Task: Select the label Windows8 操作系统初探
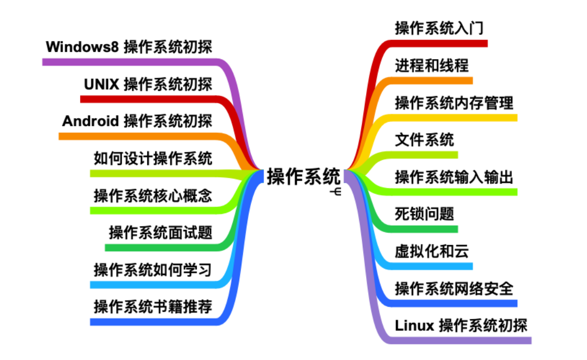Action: coord(129,47)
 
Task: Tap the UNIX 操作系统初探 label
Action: coord(148,84)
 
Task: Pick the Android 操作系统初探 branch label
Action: coord(137,121)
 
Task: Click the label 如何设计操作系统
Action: coord(153,159)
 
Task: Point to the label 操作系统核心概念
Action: coord(153,196)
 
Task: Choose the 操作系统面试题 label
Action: coord(160,233)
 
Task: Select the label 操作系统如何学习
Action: coord(153,270)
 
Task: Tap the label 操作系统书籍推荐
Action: coord(153,307)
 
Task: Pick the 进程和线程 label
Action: coord(432,66)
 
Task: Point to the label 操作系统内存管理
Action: coord(454,103)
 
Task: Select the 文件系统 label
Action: coord(424,140)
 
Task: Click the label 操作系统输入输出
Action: coord(454,177)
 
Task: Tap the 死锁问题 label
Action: coord(424,214)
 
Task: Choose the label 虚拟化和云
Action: coord(432,251)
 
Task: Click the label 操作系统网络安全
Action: coord(454,288)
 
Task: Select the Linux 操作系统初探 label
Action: coord(461,326)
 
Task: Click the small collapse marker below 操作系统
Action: coord(337,192)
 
